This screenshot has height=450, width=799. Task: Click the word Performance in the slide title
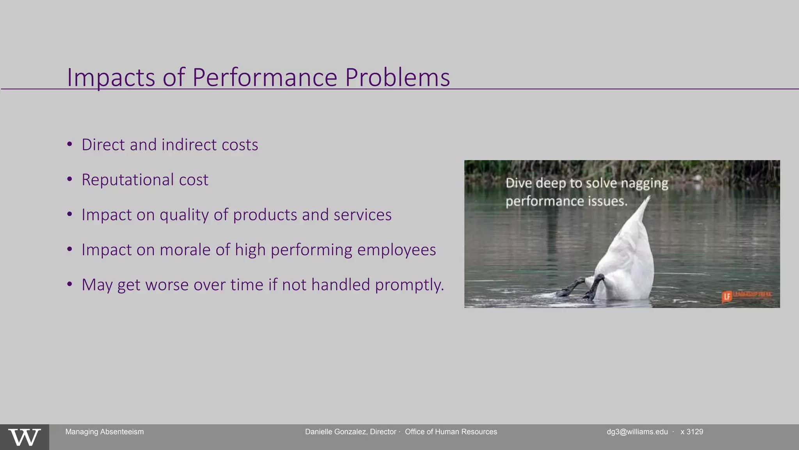[265, 77]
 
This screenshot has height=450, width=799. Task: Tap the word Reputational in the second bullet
[127, 180]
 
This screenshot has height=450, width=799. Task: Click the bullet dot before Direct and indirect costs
[69, 144]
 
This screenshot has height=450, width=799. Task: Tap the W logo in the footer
[24, 437]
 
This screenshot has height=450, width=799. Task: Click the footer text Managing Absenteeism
[104, 432]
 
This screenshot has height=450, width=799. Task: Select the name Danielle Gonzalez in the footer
[336, 432]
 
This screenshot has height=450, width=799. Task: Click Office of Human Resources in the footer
[451, 432]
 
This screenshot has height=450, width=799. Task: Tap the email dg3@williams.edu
[637, 432]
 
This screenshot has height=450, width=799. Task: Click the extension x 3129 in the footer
[692, 432]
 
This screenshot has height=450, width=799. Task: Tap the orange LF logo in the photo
[726, 297]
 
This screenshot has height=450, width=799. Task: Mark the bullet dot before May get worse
[69, 284]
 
